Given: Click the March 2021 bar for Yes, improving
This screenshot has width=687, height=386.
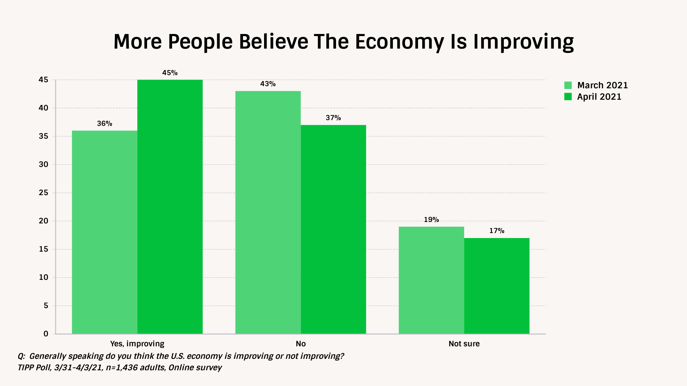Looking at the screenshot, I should (x=104, y=232).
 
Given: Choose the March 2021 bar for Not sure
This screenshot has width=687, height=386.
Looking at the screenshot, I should (x=431, y=280).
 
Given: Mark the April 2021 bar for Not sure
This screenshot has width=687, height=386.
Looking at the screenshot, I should (x=497, y=286).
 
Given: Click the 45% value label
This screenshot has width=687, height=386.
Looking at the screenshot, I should (x=170, y=73).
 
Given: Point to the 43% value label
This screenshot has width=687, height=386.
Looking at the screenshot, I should (x=268, y=84).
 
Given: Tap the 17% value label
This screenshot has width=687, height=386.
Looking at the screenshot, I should (x=497, y=231).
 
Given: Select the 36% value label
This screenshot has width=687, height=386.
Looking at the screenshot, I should (x=104, y=124).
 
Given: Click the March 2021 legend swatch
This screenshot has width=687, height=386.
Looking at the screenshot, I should (x=568, y=85).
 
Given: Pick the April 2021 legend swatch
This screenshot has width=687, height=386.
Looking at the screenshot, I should (x=568, y=97).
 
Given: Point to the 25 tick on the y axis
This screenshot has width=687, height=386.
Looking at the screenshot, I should (x=43, y=193).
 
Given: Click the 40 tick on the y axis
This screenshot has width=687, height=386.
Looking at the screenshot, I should (x=43, y=108).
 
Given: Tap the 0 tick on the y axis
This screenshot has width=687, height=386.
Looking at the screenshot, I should (x=46, y=334).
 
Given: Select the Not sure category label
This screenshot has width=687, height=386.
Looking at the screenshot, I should (x=464, y=344).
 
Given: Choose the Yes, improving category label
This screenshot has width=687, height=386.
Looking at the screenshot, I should (x=137, y=344).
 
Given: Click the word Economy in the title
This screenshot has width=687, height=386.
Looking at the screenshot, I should (x=399, y=42).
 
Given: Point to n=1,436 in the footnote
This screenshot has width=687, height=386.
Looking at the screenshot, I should (x=121, y=368).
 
